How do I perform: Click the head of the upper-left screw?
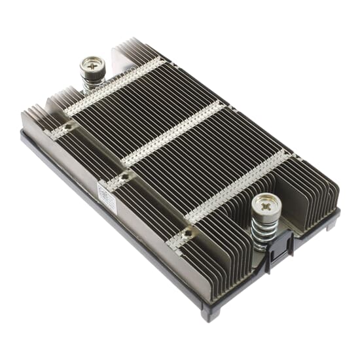click(92, 65)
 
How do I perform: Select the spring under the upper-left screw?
click(92, 85)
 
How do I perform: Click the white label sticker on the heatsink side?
click(107, 198)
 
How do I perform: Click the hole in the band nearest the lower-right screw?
click(188, 232)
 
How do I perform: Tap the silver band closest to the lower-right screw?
click(239, 187)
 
